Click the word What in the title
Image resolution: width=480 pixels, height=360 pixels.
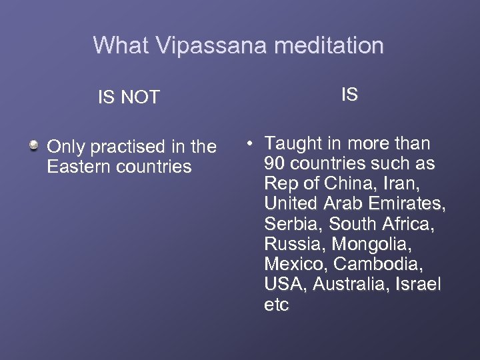point(122,46)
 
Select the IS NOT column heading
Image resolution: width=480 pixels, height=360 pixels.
point(129,98)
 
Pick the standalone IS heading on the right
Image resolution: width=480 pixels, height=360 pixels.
point(349,95)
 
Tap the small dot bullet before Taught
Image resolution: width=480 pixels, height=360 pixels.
point(247,143)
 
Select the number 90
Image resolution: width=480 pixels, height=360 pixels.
point(275,163)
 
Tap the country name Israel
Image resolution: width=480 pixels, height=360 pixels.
point(418,285)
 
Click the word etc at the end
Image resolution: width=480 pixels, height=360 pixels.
point(276,305)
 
